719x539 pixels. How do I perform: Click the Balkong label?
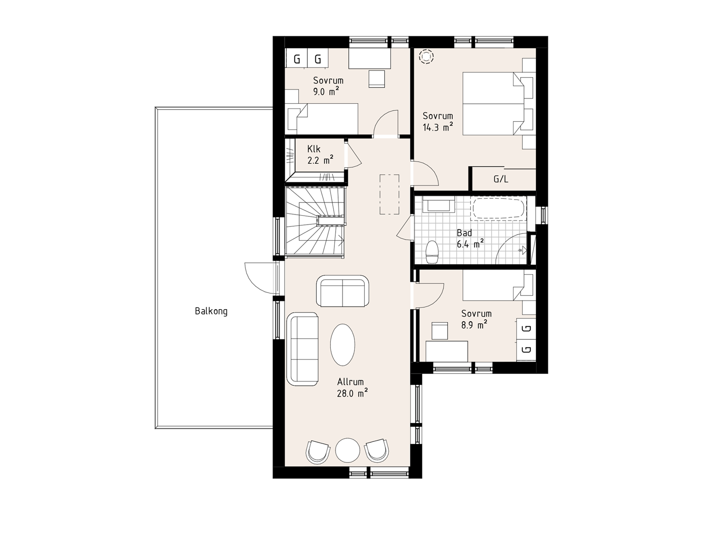[x=211, y=312]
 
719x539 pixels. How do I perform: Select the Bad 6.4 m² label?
[x=470, y=238]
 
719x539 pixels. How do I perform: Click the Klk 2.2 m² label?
[x=320, y=155]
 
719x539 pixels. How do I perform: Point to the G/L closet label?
[x=501, y=179]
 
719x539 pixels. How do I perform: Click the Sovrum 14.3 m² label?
[x=438, y=122]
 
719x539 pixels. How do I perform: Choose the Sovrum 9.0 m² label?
[x=328, y=86]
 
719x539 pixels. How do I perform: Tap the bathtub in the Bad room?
[x=499, y=209]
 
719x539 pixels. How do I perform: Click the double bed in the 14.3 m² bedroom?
[x=493, y=104]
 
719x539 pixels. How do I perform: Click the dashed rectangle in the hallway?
[x=390, y=195]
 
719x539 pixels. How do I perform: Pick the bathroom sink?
[x=439, y=205]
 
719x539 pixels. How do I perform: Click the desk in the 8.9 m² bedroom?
[x=447, y=351]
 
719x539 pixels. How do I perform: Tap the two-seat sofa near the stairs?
[x=342, y=291]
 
